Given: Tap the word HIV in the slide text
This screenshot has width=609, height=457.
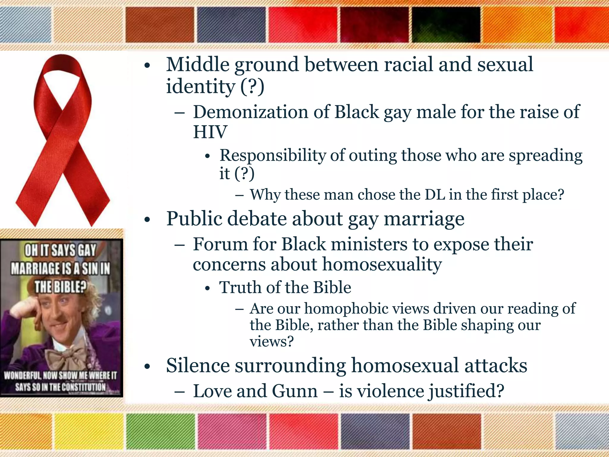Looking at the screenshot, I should (x=210, y=132).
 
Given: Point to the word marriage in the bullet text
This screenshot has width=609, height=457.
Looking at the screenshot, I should (x=424, y=219).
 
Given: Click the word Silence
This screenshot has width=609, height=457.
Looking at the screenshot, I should (x=198, y=365).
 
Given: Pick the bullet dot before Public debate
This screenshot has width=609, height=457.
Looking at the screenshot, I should (x=147, y=220).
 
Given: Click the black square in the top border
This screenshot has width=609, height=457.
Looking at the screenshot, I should (x=446, y=25).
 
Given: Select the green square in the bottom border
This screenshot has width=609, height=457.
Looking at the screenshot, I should (x=161, y=431).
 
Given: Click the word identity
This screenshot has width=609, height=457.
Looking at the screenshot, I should (x=200, y=87).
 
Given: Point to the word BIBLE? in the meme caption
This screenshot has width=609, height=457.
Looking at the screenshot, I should (x=60, y=287).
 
